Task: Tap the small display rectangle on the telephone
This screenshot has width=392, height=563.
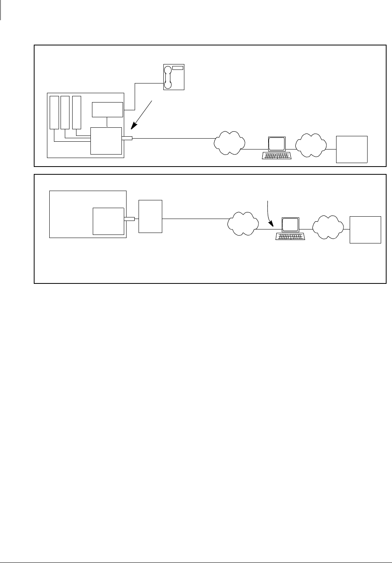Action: coord(178,68)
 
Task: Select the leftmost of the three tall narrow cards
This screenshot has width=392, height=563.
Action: coord(54,112)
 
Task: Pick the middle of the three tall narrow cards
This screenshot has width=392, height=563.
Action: coord(65,112)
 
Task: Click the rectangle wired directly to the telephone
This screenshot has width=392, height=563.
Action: coord(107,109)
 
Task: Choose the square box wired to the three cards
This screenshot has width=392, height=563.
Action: coord(106,141)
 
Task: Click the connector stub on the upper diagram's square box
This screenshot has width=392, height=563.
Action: coord(127,138)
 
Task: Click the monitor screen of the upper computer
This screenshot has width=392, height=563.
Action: coord(277,144)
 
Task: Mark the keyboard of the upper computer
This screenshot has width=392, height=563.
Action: coord(277,155)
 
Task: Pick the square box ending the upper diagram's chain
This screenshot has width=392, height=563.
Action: coord(352,149)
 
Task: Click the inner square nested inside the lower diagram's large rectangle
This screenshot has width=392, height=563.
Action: coord(108,221)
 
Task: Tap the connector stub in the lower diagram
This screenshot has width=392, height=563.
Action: coord(129,219)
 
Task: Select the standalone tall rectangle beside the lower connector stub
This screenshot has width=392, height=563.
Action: coord(150,216)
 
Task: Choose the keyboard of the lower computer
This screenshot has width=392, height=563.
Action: coord(290,236)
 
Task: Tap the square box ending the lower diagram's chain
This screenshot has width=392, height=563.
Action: coord(365,230)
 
